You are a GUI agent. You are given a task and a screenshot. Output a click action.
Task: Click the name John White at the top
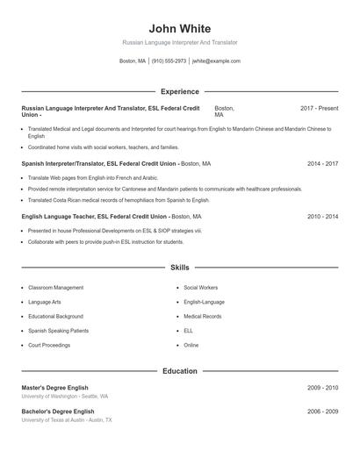(180, 28)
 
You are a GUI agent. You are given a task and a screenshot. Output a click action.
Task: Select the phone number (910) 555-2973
(169, 61)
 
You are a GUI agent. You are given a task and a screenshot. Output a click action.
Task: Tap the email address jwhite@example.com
(216, 61)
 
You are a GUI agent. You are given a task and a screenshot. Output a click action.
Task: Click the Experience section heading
(180, 91)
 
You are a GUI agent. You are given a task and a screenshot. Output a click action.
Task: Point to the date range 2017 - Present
(319, 108)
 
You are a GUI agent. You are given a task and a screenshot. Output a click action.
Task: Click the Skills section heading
(180, 267)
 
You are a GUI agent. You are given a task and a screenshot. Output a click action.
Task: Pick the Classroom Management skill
(55, 288)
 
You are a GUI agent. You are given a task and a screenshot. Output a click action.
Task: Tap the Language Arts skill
(46, 302)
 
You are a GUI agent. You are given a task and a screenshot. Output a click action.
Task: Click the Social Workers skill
(201, 288)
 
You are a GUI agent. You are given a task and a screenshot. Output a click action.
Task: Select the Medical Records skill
(203, 316)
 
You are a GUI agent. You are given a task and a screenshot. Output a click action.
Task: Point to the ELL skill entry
(189, 331)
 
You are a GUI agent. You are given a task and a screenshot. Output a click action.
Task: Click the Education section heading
(180, 371)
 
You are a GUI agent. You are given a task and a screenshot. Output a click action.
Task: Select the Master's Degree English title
(58, 387)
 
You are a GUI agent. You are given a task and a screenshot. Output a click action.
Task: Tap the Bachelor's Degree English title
(58, 411)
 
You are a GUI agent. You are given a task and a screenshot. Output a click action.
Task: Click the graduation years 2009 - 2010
(323, 387)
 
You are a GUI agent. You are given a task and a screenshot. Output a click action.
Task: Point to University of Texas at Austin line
(67, 420)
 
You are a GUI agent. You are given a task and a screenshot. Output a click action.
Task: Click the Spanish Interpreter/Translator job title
(99, 163)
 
